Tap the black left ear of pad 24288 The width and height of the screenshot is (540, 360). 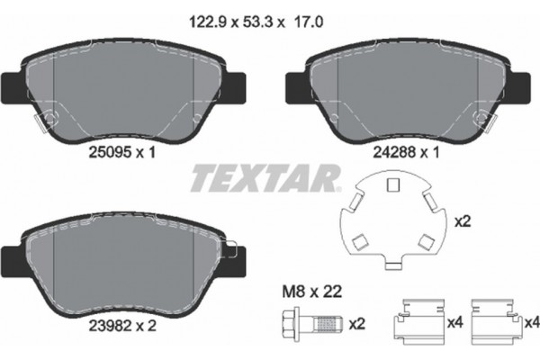click(x=298, y=87)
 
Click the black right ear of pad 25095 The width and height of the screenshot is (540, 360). click(x=238, y=87)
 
